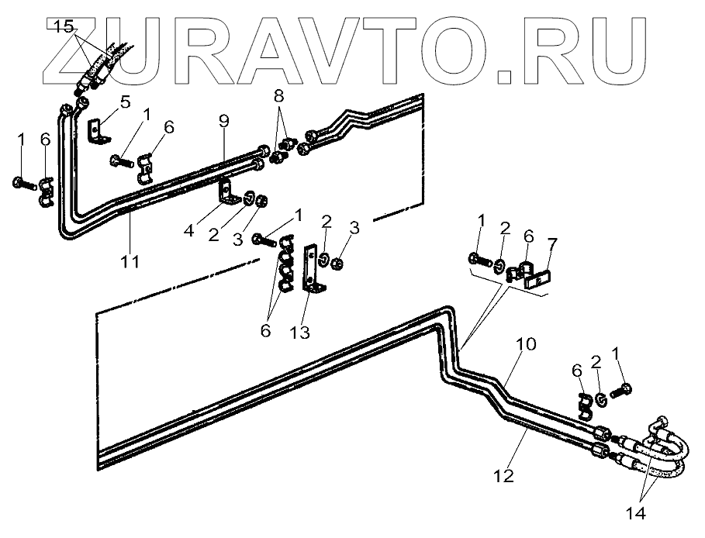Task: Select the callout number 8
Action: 278,97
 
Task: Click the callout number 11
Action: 130,262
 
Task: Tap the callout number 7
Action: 551,245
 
